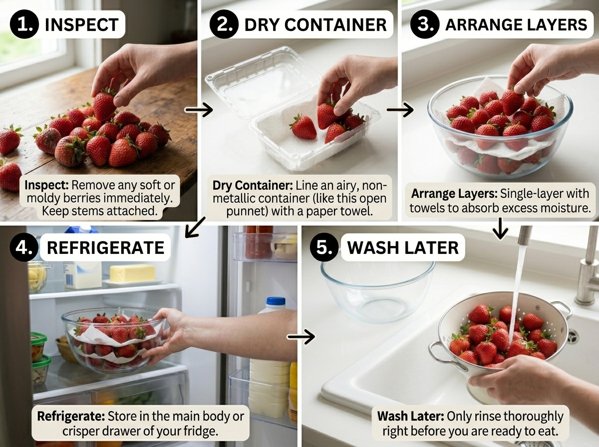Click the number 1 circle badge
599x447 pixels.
click(24, 24)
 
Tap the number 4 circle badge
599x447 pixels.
click(24, 247)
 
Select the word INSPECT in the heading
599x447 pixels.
click(81, 25)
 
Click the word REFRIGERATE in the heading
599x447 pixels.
click(106, 247)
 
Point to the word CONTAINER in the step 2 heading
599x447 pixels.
click(335, 25)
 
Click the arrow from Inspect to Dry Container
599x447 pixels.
click(199, 110)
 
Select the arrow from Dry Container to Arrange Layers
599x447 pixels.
click(400, 110)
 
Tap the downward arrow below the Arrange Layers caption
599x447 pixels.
click(500, 228)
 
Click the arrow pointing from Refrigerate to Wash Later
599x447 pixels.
click(301, 337)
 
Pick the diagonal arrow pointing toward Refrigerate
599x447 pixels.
click(195, 227)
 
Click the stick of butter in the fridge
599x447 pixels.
click(133, 273)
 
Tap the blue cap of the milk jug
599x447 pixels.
click(276, 301)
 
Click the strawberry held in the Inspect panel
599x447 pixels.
click(104, 105)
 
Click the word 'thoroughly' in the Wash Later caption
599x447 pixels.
click(533, 417)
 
